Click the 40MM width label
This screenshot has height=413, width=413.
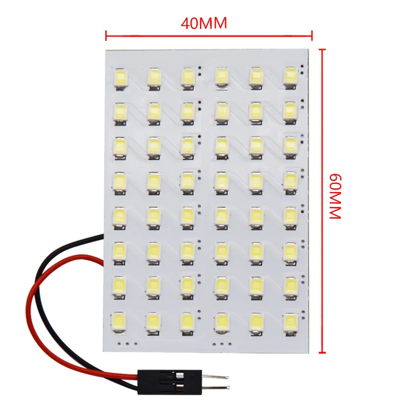point(204,23)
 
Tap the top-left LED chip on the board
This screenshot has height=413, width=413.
point(122,77)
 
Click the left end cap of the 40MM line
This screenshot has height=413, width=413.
point(106,36)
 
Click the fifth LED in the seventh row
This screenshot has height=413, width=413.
point(255,285)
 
